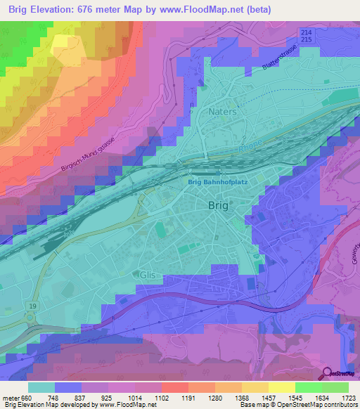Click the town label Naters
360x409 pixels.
(x=222, y=112)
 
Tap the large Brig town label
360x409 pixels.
(x=219, y=205)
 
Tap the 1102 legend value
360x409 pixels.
(x=162, y=397)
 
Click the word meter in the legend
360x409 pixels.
(x=11, y=397)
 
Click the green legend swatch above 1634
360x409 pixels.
(x=309, y=387)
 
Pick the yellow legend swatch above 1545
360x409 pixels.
(x=282, y=387)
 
